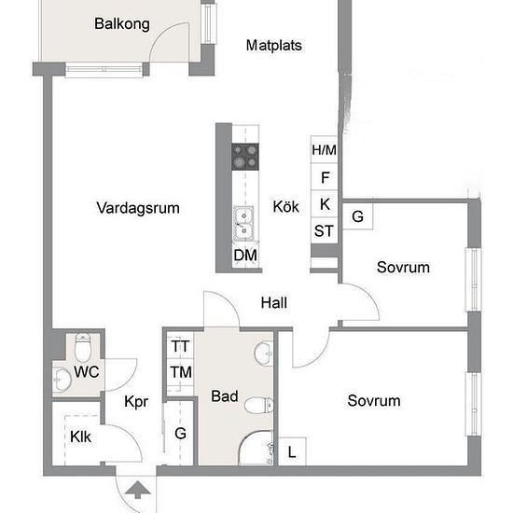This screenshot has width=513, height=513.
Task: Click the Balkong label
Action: click(122, 24)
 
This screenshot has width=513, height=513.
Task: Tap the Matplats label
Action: click(274, 46)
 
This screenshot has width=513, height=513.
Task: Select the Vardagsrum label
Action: click(138, 208)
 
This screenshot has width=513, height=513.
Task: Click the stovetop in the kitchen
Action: click(245, 157)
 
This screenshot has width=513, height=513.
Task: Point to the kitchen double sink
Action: click(243, 224)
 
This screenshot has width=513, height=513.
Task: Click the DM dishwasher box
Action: click(245, 255)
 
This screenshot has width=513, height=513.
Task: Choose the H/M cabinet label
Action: click(324, 150)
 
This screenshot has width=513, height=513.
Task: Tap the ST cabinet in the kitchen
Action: click(324, 230)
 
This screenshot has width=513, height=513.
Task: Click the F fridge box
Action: click(324, 177)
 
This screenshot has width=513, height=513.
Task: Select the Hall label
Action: click(274, 303)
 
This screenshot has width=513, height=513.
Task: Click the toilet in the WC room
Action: click(82, 346)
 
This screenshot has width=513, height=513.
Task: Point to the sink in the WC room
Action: click(62, 380)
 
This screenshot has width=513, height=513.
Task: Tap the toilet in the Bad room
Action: click(258, 406)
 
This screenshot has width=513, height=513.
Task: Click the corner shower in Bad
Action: click(256, 448)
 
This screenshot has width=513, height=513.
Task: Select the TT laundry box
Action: click(180, 346)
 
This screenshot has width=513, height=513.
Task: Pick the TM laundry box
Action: click(180, 373)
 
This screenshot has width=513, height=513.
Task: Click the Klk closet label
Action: click(80, 437)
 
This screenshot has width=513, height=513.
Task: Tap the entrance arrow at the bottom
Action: click(138, 490)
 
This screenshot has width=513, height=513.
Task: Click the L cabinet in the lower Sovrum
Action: click(292, 451)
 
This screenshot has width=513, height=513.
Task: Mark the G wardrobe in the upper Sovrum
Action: click(357, 216)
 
